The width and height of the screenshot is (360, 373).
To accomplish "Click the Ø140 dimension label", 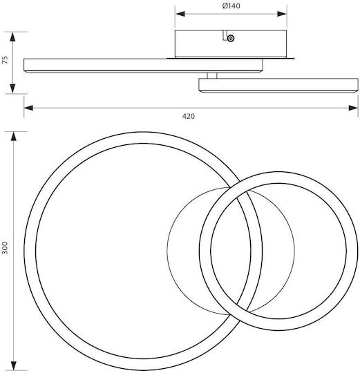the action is [231, 6].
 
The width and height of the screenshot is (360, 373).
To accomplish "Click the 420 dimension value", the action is [189, 116].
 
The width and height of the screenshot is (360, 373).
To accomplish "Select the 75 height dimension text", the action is [5, 59].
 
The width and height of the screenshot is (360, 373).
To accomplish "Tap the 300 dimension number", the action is [5, 248].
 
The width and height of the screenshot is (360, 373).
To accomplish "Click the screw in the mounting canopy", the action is [231, 38].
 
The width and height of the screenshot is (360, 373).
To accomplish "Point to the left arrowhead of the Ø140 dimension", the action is [180, 14].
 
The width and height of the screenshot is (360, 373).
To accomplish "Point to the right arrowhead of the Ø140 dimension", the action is [282, 14].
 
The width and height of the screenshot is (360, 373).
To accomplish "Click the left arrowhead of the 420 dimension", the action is [28, 108].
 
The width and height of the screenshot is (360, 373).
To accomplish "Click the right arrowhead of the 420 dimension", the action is [353, 108].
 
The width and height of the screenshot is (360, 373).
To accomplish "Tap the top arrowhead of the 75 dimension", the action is [13, 37].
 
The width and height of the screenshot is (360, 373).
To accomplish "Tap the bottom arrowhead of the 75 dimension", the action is [13, 88].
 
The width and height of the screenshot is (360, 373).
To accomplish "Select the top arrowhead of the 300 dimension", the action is [14, 137].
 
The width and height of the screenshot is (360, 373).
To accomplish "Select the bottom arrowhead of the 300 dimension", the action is [14, 365].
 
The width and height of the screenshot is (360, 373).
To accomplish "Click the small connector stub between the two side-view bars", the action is [211, 75].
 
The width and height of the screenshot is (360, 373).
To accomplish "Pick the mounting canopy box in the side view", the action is [231, 44].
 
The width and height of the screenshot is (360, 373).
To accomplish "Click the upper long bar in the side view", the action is [143, 65].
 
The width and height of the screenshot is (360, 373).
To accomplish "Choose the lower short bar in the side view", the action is [278, 85].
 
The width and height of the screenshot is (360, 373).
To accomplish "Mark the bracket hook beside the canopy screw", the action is [225, 35].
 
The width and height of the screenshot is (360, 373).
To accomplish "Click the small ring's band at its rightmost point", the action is [352, 251].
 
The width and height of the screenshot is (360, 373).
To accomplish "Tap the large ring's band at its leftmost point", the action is [30, 251].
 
